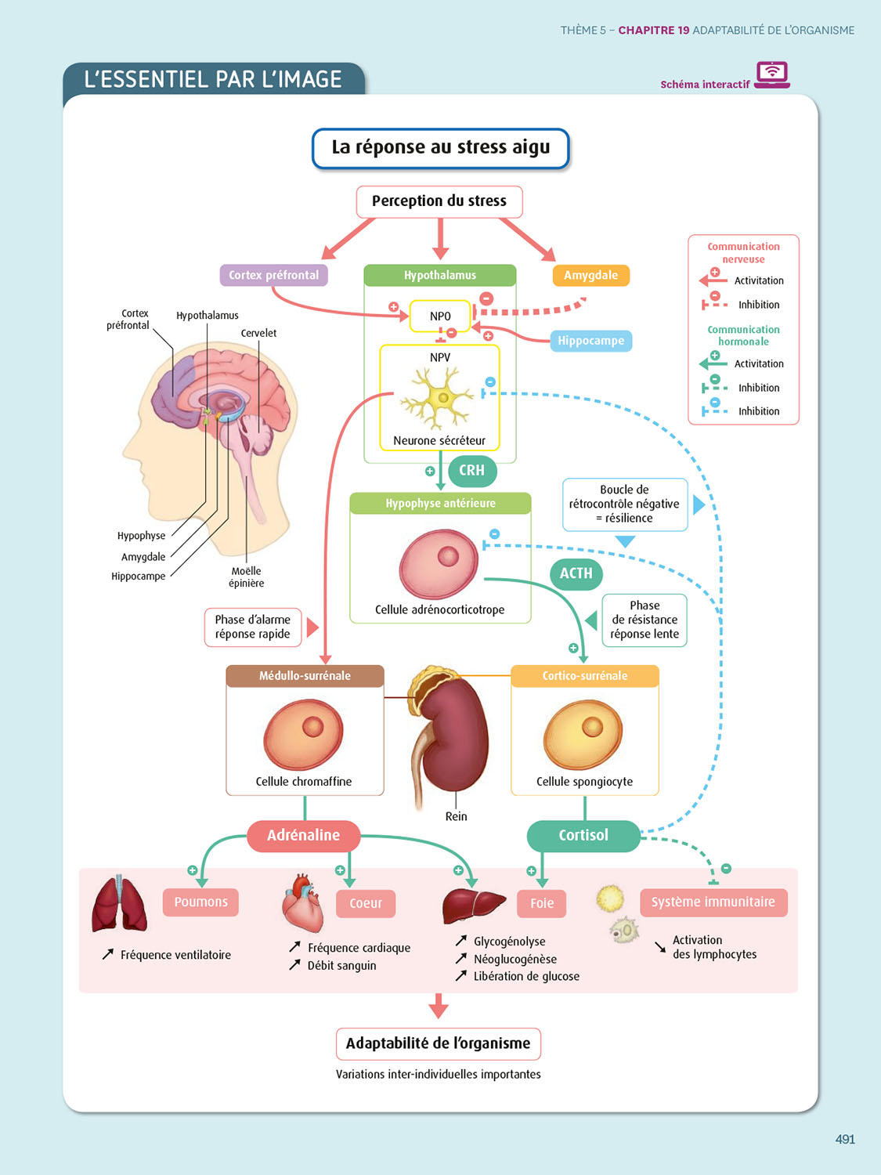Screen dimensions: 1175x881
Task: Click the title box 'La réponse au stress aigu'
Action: coord(440,148)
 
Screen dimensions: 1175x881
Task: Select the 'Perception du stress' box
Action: coord(439,201)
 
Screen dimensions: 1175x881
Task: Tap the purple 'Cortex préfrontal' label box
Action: coord(273,275)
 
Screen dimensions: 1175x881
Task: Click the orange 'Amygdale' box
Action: coord(590,275)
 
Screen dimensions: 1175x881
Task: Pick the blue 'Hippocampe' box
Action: coord(590,341)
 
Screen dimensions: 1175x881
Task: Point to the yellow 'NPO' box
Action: coord(440,316)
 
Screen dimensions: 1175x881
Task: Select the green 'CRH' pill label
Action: coord(471,471)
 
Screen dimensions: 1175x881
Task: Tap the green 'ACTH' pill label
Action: coord(576,573)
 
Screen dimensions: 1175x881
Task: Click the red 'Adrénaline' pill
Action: coord(304,836)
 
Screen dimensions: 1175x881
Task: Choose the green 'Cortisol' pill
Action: coord(583,836)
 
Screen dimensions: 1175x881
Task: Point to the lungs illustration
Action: coord(119,905)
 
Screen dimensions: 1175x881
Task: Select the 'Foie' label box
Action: coord(542,903)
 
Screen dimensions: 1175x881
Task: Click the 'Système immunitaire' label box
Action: coord(713,902)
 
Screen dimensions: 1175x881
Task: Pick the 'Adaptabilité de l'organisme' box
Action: coord(439,1043)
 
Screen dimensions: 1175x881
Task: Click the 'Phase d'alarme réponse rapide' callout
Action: coord(253,627)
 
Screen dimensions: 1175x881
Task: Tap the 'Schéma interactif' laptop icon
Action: coord(772,75)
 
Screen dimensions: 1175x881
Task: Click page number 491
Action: coord(845,1140)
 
